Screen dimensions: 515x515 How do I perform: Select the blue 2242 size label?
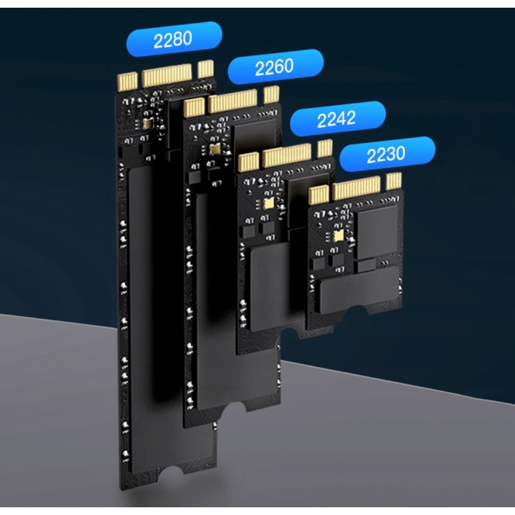[x=336, y=118]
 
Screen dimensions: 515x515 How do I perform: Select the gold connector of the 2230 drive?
[x=355, y=187]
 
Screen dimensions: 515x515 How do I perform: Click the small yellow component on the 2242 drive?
[x=268, y=202]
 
